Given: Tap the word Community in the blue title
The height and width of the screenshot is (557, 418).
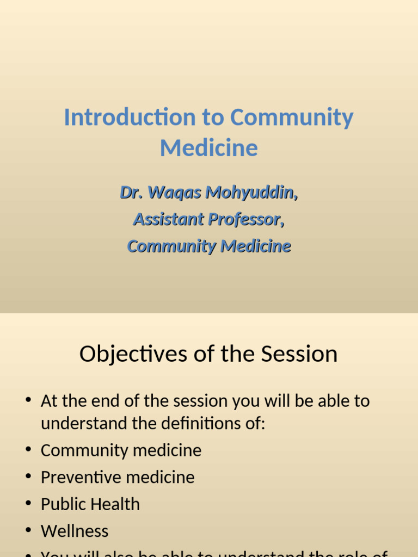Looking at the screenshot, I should click(x=291, y=117).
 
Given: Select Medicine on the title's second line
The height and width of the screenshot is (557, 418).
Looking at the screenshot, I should click(x=209, y=148).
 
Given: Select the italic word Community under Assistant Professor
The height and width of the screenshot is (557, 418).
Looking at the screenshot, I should click(x=171, y=246).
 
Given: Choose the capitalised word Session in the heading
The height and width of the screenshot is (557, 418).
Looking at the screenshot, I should click(x=299, y=354).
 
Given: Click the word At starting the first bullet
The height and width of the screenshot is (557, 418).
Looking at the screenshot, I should click(x=48, y=401).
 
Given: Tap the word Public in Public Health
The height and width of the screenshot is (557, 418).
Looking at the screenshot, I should click(x=60, y=504).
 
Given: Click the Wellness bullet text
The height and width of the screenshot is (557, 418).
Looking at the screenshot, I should click(x=75, y=531).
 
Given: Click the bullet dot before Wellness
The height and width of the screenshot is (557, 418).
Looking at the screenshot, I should click(x=28, y=531).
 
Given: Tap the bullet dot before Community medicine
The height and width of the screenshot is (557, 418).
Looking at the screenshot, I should click(x=28, y=450).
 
